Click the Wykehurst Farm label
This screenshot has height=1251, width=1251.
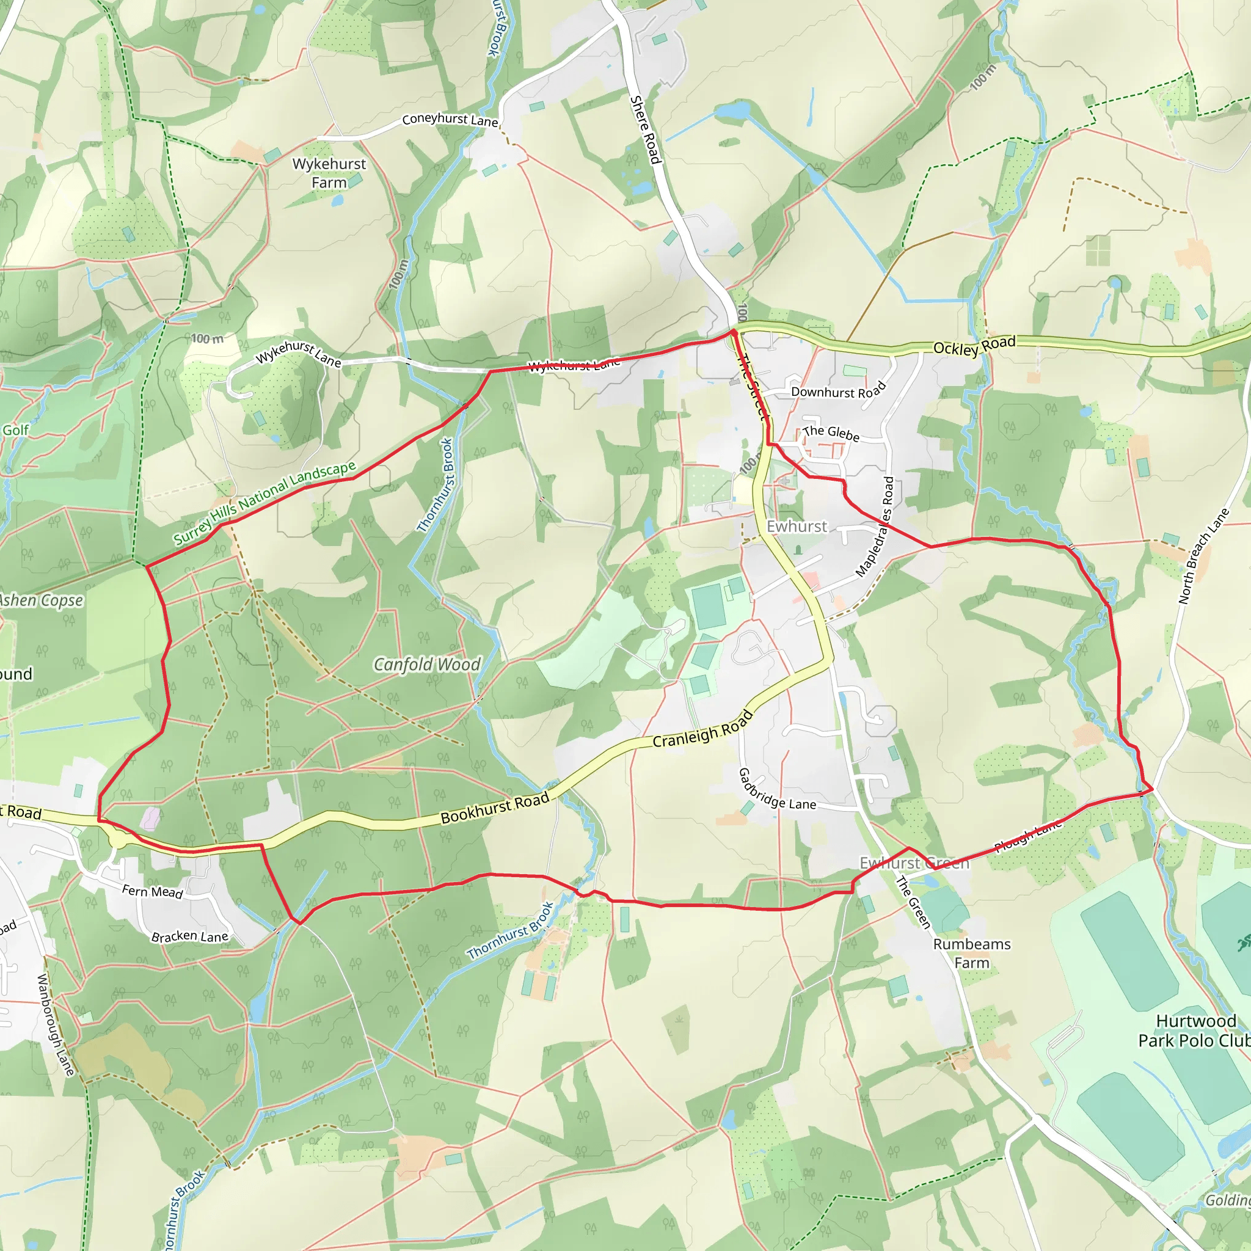point(329,173)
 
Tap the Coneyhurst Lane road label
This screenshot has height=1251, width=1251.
point(450,120)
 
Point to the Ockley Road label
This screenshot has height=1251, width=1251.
point(974,346)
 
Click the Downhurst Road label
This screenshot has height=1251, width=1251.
point(838,391)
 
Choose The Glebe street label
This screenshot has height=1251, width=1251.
point(831,433)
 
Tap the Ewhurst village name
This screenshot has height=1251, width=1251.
point(797,527)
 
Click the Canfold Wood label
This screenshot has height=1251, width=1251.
point(428,665)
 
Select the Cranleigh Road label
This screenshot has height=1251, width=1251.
point(702,729)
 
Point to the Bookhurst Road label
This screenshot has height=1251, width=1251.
point(495,808)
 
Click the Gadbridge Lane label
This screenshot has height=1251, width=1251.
point(776,790)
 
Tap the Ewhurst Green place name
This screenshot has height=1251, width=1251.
point(914,863)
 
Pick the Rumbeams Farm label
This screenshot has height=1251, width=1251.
point(971,953)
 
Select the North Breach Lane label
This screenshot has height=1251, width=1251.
point(1203,557)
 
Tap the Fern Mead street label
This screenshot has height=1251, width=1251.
point(152,892)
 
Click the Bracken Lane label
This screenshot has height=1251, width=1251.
point(190,936)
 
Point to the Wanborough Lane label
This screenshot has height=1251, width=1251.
point(56,1024)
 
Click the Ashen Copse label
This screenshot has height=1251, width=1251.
point(42,600)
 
